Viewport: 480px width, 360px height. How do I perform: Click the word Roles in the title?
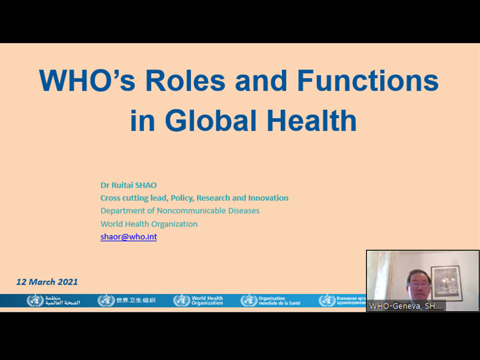(x=185, y=81)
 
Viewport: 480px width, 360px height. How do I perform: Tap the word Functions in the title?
(x=367, y=81)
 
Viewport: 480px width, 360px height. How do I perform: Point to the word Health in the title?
(x=312, y=120)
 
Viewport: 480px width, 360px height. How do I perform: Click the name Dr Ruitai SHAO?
(x=128, y=185)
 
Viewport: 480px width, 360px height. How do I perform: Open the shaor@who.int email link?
(x=128, y=237)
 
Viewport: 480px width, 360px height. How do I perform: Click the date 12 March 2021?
(x=47, y=282)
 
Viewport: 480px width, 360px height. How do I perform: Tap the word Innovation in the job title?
(x=268, y=198)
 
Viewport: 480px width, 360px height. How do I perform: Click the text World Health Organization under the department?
(x=149, y=224)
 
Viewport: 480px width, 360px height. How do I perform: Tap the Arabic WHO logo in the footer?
(x=53, y=300)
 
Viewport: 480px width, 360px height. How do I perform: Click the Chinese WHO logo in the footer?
(x=127, y=300)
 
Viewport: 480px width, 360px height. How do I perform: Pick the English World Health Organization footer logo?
(x=198, y=300)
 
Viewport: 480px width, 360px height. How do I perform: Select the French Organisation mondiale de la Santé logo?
(x=270, y=300)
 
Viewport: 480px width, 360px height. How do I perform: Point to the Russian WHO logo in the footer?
(x=342, y=300)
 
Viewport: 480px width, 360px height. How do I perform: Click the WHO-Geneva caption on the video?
(x=405, y=306)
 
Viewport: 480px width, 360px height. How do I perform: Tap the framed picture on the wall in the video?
(x=446, y=283)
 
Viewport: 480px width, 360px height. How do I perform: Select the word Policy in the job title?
(x=182, y=198)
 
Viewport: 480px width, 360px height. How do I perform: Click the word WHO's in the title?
(x=87, y=81)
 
